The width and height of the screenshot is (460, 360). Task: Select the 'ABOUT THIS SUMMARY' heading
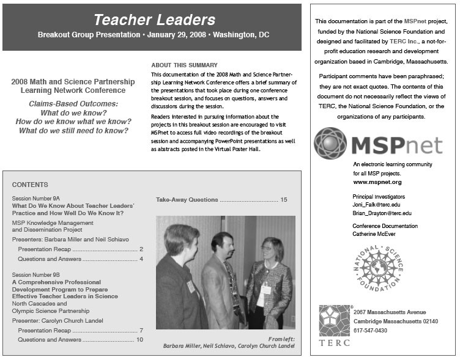click(x=184, y=65)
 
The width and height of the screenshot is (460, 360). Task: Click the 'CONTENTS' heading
click(x=30, y=185)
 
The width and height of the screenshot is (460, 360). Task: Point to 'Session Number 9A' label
click(x=35, y=199)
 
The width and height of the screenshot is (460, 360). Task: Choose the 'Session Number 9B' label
click(x=35, y=276)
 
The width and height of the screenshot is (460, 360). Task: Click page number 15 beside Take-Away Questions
click(x=283, y=200)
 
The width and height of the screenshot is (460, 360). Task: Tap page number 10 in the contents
click(x=139, y=339)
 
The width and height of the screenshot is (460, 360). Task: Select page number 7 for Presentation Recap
click(x=141, y=330)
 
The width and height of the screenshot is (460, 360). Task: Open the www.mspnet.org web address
click(x=377, y=182)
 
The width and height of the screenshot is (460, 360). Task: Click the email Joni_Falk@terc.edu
click(x=380, y=205)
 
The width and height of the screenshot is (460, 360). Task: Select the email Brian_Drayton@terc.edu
click(x=382, y=213)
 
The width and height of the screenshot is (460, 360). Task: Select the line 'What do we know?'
click(x=73, y=113)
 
